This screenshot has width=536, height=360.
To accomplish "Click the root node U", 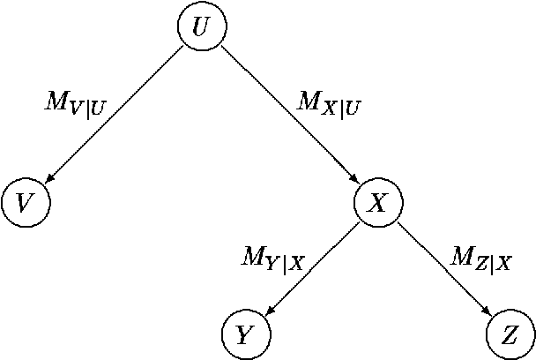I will pos(202,27).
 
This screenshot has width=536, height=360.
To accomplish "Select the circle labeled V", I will pos(26,203).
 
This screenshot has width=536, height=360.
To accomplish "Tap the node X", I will pos(378,203).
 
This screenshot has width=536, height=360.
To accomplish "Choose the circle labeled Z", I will pos(510,335).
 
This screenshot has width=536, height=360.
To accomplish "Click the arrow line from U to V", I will pos(115,115).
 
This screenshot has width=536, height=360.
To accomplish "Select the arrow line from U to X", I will pos(291,116).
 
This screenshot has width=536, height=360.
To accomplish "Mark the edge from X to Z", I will pos(444,269).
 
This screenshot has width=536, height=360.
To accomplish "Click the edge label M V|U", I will pos(75,103).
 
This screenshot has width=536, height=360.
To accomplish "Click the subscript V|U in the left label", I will pos(89,109).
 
